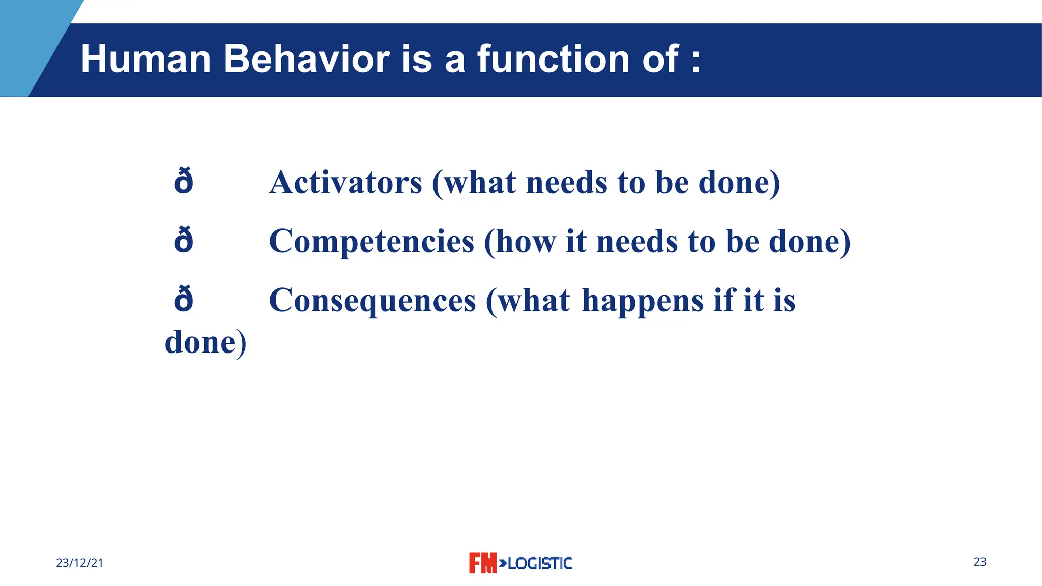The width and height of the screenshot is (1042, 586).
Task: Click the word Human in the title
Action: [x=146, y=59]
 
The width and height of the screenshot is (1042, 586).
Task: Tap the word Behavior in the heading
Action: [x=307, y=59]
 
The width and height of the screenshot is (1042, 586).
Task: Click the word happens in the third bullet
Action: [x=643, y=301]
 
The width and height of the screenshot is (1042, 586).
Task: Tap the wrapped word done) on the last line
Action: [x=206, y=342]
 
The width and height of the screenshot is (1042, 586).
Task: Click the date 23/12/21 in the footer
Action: [x=79, y=563]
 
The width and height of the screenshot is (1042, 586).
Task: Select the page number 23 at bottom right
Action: [x=979, y=562]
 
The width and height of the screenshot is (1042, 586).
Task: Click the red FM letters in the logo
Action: [x=482, y=563]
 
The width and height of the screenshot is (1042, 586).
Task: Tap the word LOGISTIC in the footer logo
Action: [x=540, y=563]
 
